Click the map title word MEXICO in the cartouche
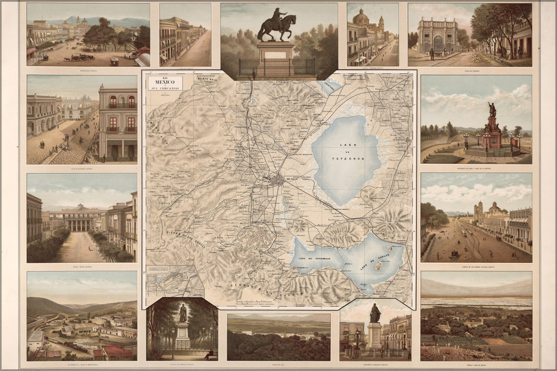[x=165, y=83]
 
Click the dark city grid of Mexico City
[x=277, y=180]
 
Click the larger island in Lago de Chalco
[x=380, y=267]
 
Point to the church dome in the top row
[x=361, y=19]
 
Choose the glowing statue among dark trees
[x=183, y=314]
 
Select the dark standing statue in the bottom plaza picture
[x=375, y=314]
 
